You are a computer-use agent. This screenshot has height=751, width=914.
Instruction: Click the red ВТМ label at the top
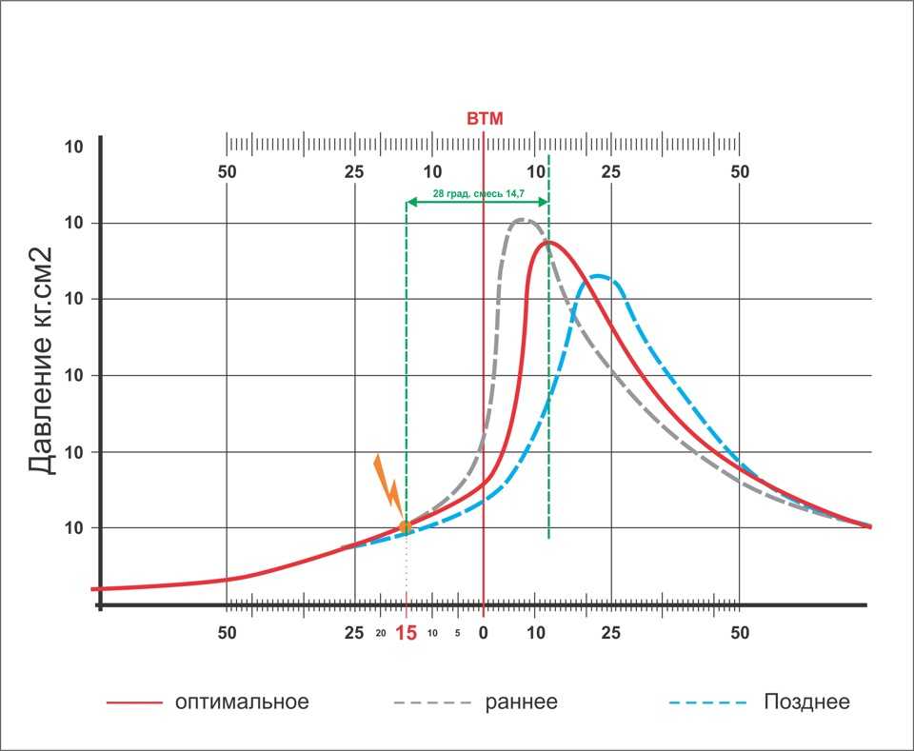484,119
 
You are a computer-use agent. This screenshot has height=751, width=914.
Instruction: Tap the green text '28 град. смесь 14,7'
478,193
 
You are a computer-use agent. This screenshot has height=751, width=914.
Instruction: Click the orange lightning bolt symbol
387,482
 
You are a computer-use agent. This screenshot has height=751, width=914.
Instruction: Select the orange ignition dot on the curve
406,526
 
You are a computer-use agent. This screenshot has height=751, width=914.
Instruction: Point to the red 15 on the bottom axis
407,633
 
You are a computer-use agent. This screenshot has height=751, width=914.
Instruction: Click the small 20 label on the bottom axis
381,633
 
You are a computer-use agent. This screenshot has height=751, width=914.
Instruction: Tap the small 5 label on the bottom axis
458,633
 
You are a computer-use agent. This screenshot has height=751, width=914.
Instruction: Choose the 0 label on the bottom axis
484,633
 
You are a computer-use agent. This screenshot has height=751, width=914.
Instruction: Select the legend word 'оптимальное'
242,702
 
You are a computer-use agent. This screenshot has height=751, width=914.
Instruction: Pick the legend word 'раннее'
521,702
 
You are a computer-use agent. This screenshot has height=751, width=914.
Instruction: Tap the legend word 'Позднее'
806,702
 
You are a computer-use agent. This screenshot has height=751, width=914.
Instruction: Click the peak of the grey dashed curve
523,220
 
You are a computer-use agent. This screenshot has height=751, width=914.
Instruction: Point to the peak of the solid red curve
548,242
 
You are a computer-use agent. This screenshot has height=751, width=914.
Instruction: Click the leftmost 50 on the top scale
227,172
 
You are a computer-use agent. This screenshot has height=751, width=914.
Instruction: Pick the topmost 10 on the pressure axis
74,148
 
